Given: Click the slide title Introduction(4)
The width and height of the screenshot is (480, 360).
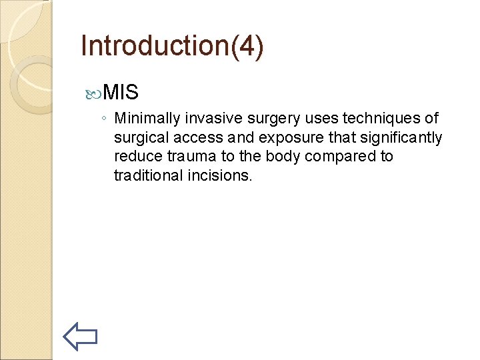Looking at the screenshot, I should pos(172,46).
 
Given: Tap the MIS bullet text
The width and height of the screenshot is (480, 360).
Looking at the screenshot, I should pos(121,92).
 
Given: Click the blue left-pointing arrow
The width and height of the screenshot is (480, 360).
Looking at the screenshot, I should pos(81,336).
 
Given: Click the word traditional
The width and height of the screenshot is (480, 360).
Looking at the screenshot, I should pos(145,177).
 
